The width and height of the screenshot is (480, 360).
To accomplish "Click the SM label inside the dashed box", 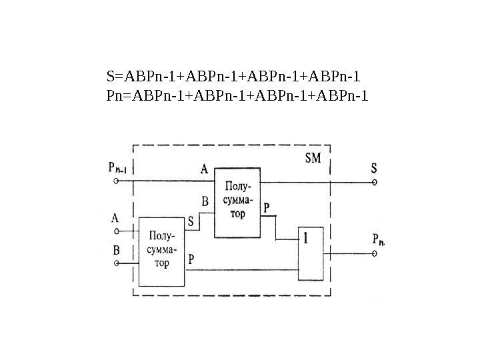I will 313,158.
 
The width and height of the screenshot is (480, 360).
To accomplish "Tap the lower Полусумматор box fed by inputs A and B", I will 163,251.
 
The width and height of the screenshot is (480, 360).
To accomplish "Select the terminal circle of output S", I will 375,181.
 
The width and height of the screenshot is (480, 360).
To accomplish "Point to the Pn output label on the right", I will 378,239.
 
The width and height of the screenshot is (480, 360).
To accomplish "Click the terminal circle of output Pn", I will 375,253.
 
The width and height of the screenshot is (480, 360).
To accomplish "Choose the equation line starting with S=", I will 237,74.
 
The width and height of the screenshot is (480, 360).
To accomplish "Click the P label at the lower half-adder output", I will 192,257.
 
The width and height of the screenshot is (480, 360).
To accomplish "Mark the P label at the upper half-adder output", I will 267,208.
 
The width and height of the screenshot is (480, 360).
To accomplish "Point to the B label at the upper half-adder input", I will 205,201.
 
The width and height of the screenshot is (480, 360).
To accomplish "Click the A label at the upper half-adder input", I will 204,169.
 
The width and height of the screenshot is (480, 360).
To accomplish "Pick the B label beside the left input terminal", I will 116,251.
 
